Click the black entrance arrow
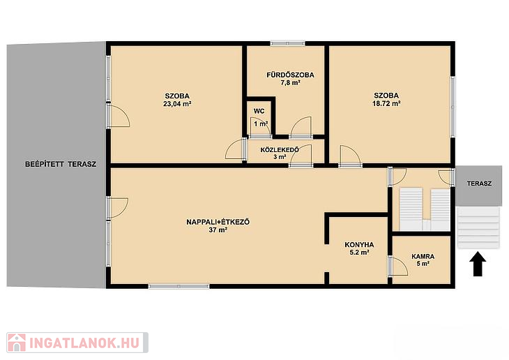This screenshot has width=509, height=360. [x=478, y=264]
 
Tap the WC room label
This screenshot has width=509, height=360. [x=259, y=111]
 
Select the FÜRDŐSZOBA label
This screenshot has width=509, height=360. [x=290, y=75]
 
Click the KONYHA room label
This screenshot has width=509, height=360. [x=359, y=245]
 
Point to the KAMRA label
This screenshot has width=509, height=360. [x=423, y=256]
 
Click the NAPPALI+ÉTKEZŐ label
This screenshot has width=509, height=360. [x=218, y=223]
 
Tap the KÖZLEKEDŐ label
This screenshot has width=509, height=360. [x=280, y=150]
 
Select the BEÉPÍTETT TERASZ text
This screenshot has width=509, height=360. [x=61, y=164]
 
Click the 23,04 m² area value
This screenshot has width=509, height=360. [x=177, y=104]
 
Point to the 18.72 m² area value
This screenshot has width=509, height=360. [x=386, y=104]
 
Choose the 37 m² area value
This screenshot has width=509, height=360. [x=218, y=230]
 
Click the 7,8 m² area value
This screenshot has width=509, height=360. [x=290, y=83]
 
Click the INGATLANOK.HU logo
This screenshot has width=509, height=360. [x=77, y=343]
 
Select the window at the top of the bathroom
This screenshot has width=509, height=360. [x=287, y=43]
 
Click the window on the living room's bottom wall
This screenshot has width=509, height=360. [x=179, y=286]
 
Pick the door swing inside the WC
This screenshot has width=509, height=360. [x=260, y=127]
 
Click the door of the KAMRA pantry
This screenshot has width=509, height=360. [x=398, y=266]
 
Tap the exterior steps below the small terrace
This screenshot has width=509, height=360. [x=478, y=228]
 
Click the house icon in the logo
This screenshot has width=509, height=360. [x=17, y=343]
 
